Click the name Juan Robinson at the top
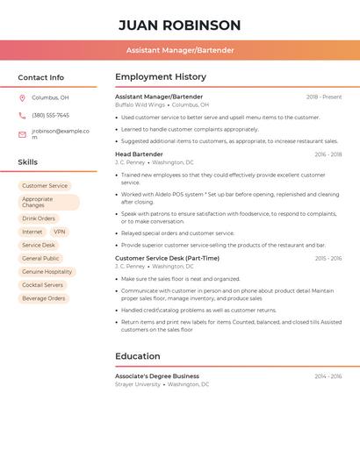[x=179, y=25]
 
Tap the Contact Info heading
[x=41, y=77]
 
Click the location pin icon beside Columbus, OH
[x=22, y=97]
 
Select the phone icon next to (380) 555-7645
[x=22, y=115]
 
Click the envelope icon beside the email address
[x=22, y=134]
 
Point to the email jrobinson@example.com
[x=61, y=134]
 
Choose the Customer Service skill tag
[x=45, y=186]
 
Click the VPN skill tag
[x=60, y=232]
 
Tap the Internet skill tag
[x=32, y=232]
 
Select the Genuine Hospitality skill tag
[x=47, y=272]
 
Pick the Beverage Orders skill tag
[x=44, y=298]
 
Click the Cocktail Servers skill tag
[x=43, y=285]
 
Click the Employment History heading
[x=161, y=77]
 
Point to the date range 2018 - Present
[x=324, y=97]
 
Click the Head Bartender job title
[x=139, y=154]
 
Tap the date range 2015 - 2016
[x=328, y=259]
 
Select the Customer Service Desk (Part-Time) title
[x=167, y=259]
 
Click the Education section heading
[x=138, y=356]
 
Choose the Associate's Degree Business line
[x=157, y=376]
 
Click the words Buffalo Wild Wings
[x=140, y=104]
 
